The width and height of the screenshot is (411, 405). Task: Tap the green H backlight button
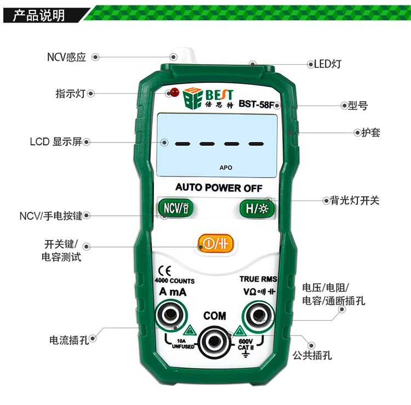(257, 208)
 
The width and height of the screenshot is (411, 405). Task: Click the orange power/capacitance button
(215, 243)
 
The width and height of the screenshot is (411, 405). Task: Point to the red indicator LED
(175, 92)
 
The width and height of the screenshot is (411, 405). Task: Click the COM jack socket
(214, 341)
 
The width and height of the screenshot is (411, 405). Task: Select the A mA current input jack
(171, 315)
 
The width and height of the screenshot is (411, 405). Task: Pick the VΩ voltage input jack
(258, 315)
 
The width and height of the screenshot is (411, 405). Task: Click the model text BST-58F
(256, 104)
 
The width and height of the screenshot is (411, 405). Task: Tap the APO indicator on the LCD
(226, 168)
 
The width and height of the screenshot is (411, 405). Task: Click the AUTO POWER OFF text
(219, 187)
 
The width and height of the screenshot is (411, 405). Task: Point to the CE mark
(165, 271)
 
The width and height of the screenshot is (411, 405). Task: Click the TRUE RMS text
(259, 279)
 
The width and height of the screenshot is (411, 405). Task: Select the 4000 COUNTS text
(175, 281)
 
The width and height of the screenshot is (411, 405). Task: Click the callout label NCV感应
(66, 57)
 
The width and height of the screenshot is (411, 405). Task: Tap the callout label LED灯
(328, 64)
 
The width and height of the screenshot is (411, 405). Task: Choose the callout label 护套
(371, 133)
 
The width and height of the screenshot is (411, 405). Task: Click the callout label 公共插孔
(312, 355)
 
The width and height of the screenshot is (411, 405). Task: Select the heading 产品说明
(39, 15)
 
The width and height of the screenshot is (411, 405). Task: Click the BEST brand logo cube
(193, 98)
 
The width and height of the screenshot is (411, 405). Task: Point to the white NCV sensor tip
(184, 55)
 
